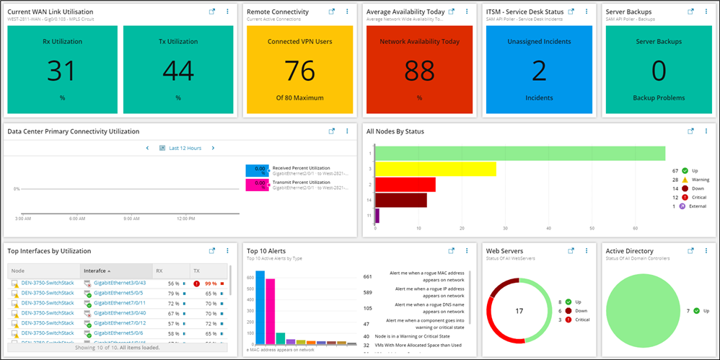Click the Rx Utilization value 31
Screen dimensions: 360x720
tap(62, 71)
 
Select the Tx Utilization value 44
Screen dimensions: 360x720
tap(177, 71)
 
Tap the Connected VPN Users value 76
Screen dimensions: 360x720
tap(299, 71)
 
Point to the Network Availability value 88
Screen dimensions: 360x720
tap(419, 71)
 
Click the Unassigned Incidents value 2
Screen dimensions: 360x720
tap(539, 71)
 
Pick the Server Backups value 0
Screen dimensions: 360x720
tap(659, 71)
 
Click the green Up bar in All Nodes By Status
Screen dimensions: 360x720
tap(519, 153)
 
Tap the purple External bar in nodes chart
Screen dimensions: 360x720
tap(377, 215)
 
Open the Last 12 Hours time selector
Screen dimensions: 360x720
tap(185, 148)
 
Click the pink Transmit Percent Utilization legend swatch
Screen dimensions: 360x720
tap(257, 185)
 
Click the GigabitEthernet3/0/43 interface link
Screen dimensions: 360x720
tap(119, 283)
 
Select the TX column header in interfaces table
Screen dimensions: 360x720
tap(197, 271)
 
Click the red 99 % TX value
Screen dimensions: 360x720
tap(211, 284)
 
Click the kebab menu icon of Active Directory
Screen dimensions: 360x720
tap(707, 251)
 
